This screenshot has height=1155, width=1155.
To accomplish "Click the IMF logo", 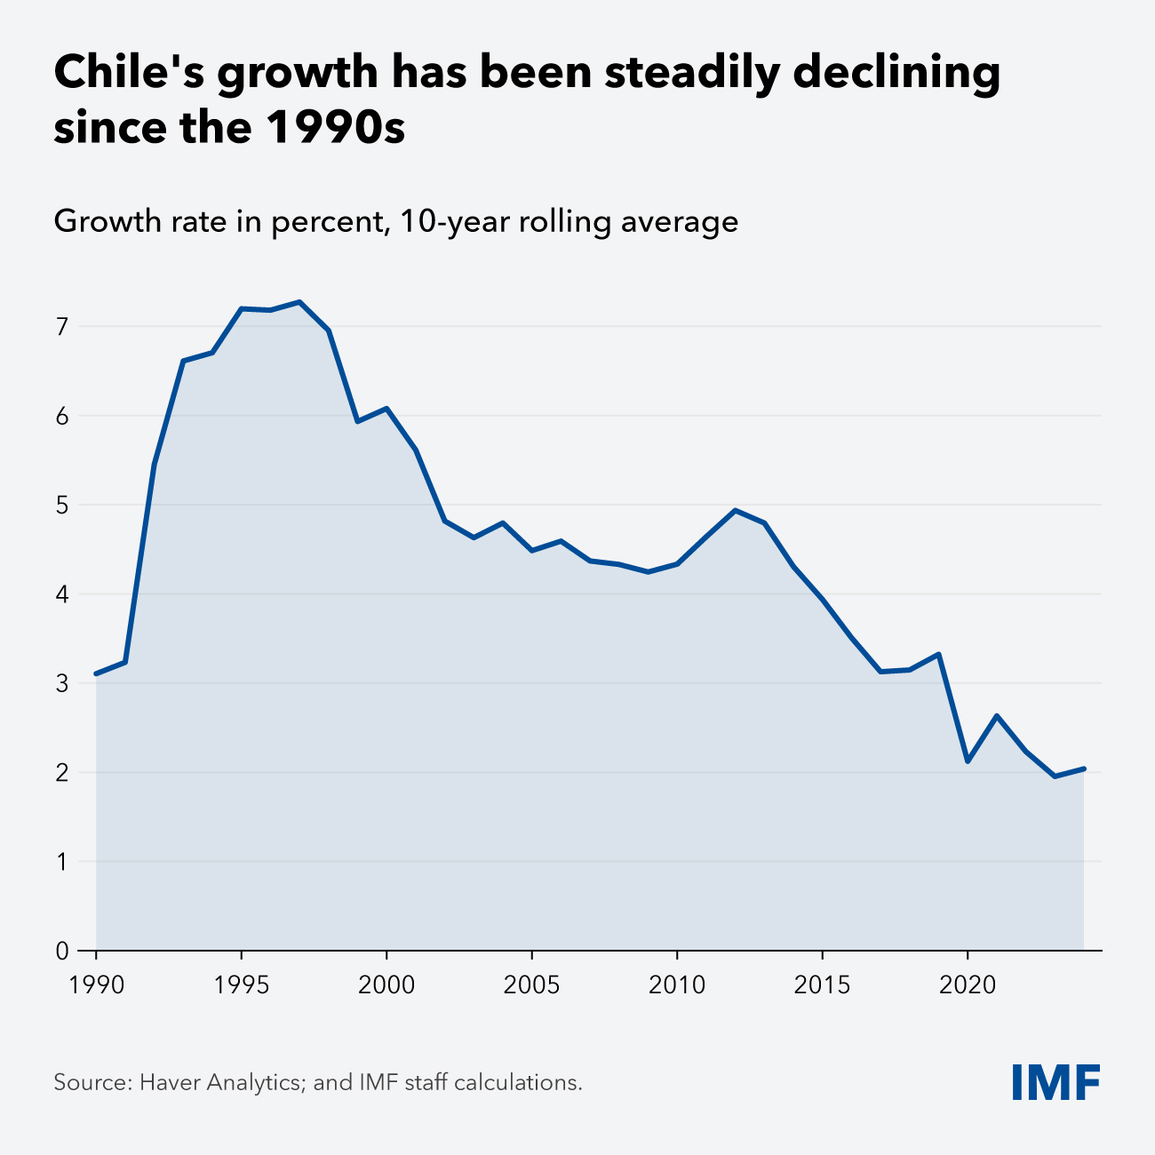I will (x=1055, y=1081).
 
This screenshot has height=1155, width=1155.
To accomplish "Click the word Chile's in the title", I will (x=127, y=73).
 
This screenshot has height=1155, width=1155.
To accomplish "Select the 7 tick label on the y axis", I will (x=61, y=327).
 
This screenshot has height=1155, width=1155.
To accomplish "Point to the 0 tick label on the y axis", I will (x=61, y=951).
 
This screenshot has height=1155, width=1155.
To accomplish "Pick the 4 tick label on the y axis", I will (x=61, y=594).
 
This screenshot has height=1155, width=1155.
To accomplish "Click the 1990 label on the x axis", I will (x=96, y=984).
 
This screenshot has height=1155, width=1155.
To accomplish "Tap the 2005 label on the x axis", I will (x=531, y=984).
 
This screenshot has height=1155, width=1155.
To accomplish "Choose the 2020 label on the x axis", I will (x=967, y=984).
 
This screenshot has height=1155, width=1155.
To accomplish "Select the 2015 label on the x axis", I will (x=822, y=984).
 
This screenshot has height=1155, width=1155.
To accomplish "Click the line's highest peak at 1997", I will (x=299, y=302).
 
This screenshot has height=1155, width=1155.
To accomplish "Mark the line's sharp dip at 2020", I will (x=967, y=761).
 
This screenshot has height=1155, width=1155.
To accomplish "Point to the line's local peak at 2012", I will (x=735, y=510).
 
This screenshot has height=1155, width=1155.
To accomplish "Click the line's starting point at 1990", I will (x=96, y=673).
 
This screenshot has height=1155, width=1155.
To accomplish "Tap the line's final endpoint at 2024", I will (x=1083, y=769).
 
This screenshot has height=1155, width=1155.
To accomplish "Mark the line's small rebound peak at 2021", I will (x=996, y=715).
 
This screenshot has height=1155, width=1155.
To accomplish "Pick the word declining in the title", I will (x=896, y=73).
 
